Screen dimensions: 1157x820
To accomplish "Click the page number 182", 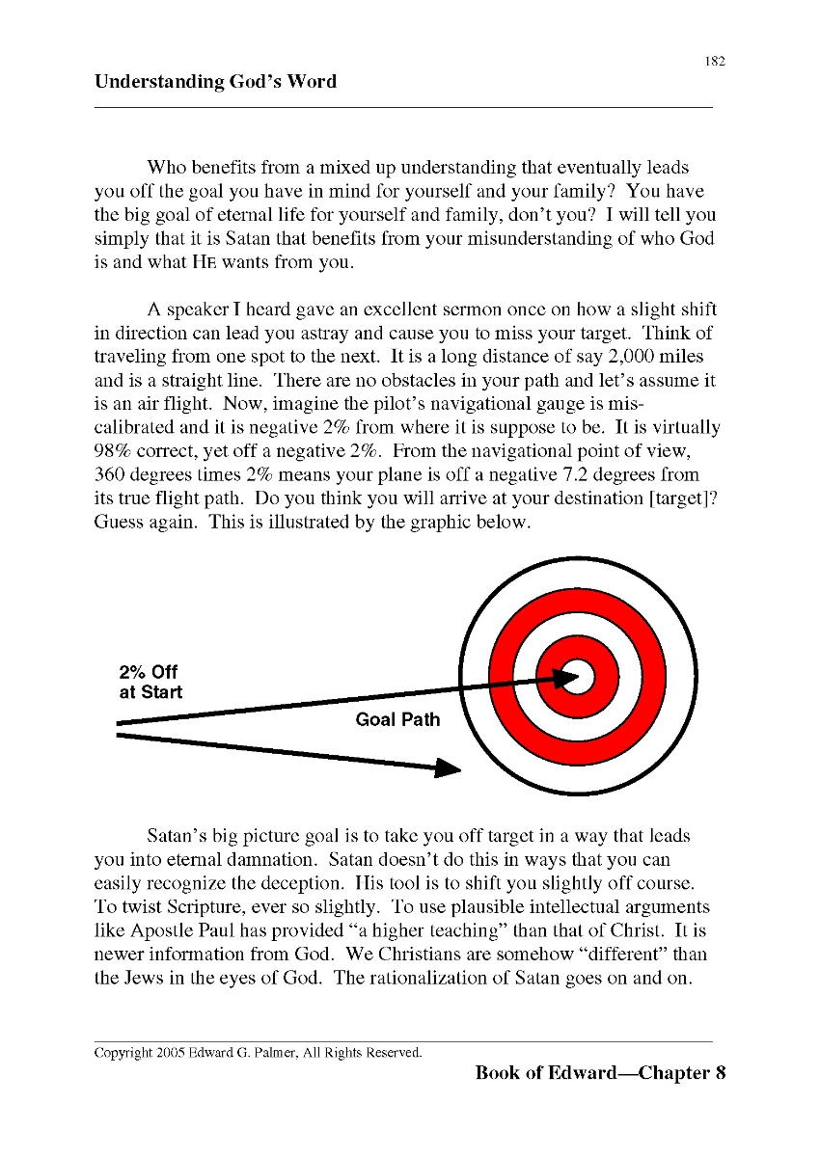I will tap(714, 62).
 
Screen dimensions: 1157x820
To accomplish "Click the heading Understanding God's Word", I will tap(215, 82).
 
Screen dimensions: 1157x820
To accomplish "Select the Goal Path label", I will tap(397, 719).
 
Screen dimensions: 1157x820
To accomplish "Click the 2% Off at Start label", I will tap(150, 682).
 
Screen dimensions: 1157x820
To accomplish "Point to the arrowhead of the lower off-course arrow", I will tap(449, 767).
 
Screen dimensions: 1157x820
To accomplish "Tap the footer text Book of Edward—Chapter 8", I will tap(599, 1073).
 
